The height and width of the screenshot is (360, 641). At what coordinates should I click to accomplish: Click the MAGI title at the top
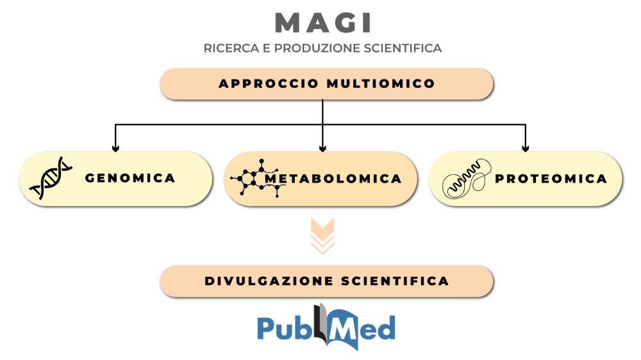tap(322, 22)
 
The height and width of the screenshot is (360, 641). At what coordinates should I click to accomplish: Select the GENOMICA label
tap(130, 178)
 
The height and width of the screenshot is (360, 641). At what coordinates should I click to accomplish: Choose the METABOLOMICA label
tap(333, 178)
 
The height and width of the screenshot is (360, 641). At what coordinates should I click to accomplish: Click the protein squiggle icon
tap(467, 179)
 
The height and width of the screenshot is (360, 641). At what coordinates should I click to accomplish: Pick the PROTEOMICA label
tap(551, 179)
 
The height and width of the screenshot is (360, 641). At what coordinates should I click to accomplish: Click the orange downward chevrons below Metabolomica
tap(322, 236)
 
